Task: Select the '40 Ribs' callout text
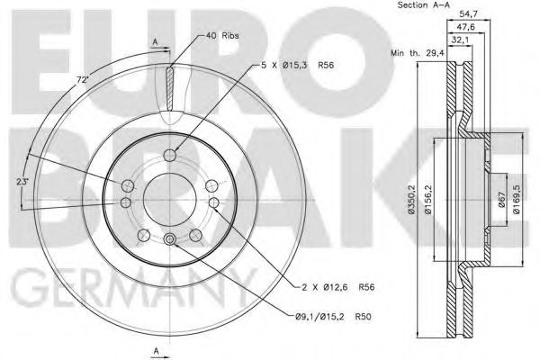click(x=222, y=35)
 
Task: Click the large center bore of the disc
click(x=168, y=193)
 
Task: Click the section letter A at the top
click(x=155, y=42)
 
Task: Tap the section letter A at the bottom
click(x=155, y=349)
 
